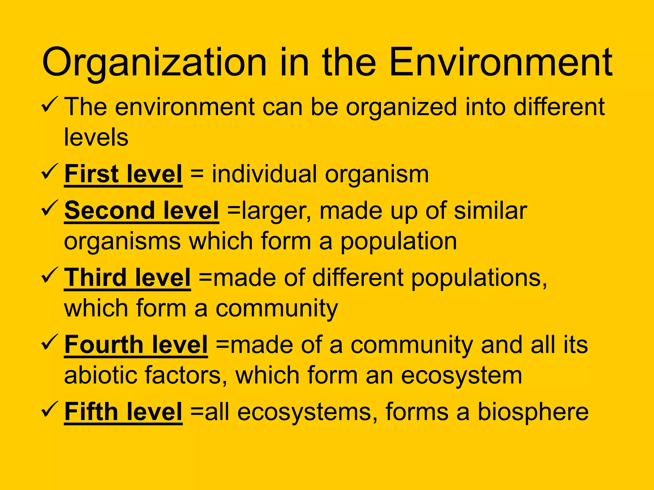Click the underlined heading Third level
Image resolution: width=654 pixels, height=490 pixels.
(x=127, y=278)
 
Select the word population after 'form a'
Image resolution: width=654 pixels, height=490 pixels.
(x=399, y=242)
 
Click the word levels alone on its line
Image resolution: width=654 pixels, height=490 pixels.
(x=96, y=137)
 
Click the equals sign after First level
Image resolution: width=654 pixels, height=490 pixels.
(x=197, y=174)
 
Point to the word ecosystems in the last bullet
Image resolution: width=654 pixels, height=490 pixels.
(x=307, y=412)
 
